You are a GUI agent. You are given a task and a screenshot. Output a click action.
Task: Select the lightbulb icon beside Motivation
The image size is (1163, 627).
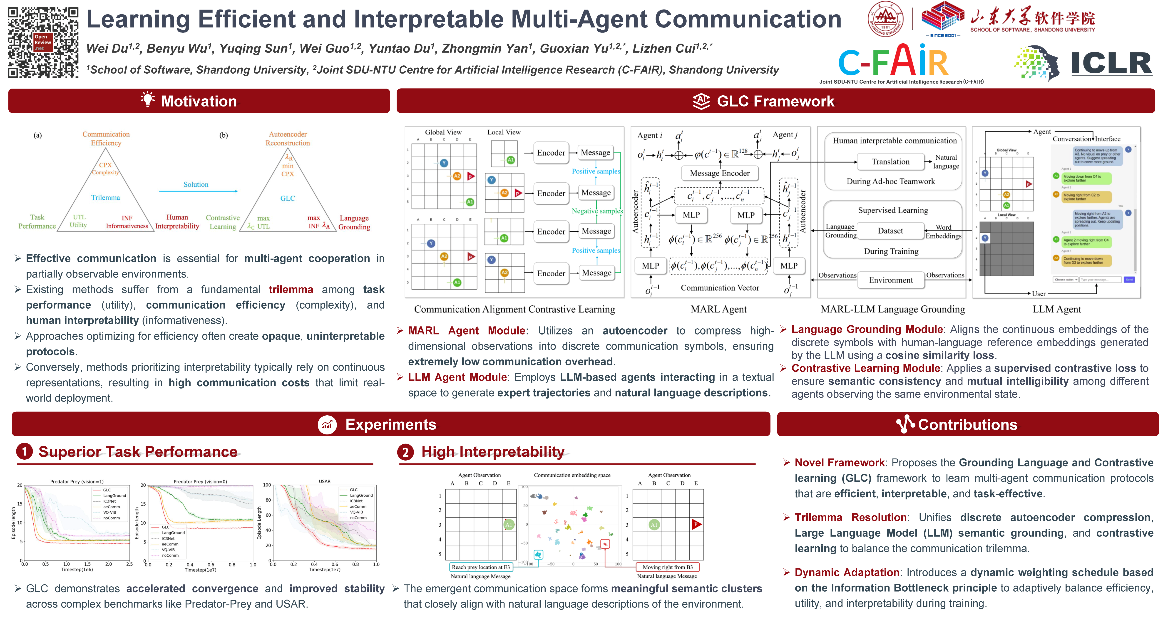[147, 100]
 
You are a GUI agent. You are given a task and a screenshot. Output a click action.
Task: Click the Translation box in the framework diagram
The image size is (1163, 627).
[890, 162]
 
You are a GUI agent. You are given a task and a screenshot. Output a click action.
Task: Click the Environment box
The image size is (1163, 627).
[890, 280]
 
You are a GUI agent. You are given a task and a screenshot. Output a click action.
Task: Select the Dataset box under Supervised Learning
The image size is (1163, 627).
[890, 231]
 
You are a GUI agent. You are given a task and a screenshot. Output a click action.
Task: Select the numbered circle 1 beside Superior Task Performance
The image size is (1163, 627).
[24, 451]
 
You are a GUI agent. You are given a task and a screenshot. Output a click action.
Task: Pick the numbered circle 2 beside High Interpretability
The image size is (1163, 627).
[405, 452]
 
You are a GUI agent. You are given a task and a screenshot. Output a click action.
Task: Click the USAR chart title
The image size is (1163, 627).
[325, 481]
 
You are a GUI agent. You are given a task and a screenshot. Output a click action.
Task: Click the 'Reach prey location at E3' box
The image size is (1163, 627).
[481, 567]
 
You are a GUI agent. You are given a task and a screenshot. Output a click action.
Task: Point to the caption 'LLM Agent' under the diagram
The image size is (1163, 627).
[1056, 309]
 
